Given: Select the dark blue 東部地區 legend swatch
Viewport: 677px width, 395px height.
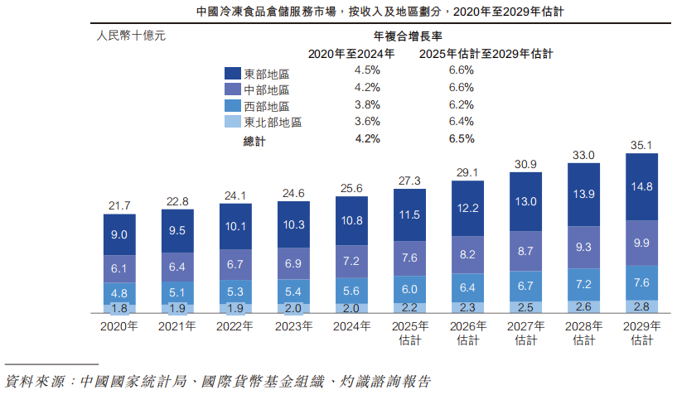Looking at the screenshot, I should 233,74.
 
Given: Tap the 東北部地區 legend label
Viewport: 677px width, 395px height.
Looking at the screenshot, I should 273,123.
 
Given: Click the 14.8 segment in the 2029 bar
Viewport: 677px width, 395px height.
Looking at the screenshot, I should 641,186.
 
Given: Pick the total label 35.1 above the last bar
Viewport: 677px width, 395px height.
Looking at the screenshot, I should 641,144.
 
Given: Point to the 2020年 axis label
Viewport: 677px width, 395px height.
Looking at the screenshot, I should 118,326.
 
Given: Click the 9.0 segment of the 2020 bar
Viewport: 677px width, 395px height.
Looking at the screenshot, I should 118,234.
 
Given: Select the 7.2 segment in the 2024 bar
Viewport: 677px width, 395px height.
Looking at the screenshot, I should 351,261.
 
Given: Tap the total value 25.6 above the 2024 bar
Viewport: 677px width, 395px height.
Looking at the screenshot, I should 351,188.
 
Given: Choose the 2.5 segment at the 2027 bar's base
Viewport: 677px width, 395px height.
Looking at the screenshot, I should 525,307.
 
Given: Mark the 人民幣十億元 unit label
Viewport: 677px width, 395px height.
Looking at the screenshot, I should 131,36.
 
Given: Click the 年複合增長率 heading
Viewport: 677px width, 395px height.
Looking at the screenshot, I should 406,36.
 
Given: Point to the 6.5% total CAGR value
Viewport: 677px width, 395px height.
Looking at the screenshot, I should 461,139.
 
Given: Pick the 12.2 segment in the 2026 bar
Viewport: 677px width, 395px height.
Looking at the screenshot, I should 467,208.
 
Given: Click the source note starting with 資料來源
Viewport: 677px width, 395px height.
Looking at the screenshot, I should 217,382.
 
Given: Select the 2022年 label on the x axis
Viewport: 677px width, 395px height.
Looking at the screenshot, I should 235,326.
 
